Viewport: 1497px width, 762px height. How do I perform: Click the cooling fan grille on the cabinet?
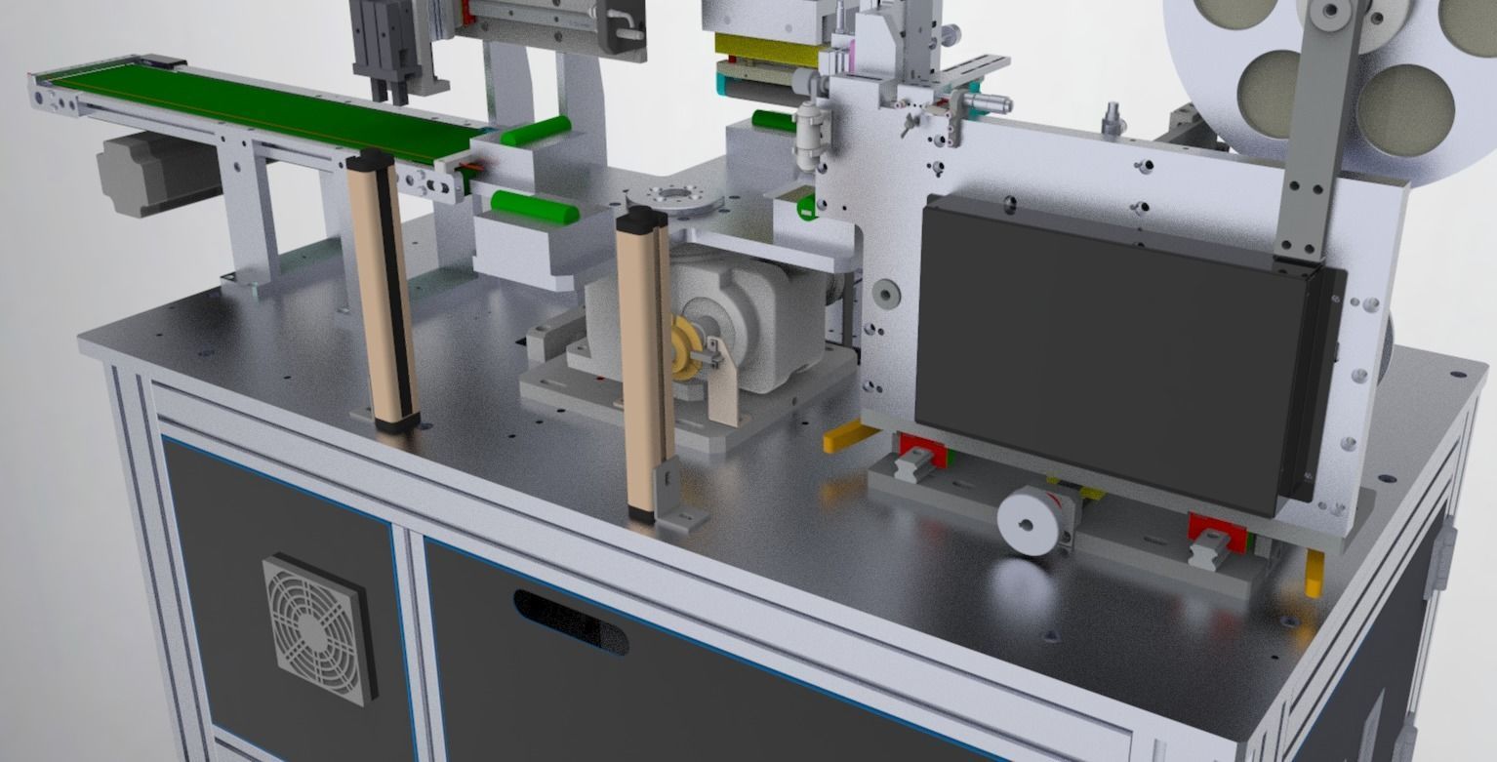click(318, 628)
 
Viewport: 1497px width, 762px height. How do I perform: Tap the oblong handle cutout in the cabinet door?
click(571, 622)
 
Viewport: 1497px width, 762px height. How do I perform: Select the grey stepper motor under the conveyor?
click(146, 173)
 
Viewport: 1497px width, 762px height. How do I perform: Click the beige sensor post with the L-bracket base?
click(644, 361)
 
